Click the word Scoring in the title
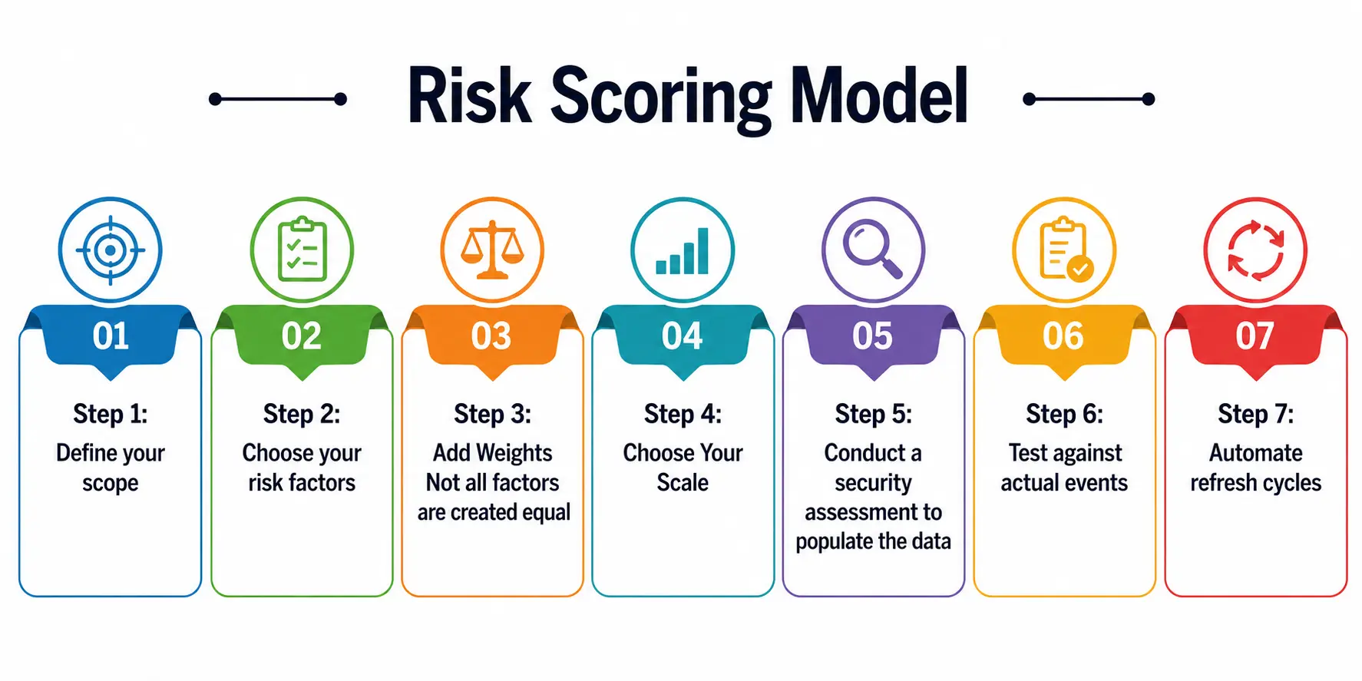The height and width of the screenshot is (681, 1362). (662, 98)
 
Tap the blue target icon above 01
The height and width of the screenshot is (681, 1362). (111, 250)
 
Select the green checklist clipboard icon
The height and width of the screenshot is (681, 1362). (302, 250)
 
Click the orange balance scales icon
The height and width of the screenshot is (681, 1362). (492, 250)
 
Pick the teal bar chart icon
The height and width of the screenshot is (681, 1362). (683, 251)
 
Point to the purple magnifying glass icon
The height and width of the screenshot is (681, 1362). (872, 249)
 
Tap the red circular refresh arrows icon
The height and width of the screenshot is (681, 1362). (1255, 250)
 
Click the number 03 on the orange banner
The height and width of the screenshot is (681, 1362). (491, 336)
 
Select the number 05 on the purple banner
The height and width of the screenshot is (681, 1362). (872, 336)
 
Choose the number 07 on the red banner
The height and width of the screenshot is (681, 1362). (1255, 336)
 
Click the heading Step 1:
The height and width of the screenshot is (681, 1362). (111, 414)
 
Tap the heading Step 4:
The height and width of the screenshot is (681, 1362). (683, 414)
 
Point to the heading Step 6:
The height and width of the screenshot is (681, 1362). (1064, 414)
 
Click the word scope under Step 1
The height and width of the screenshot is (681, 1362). (111, 484)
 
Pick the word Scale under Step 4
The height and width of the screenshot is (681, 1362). (683, 482)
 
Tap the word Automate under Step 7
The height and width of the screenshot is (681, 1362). (1255, 453)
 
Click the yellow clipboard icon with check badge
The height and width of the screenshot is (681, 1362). (1066, 250)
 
